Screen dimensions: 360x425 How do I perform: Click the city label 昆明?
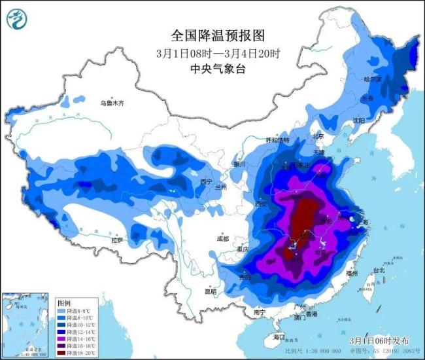211,291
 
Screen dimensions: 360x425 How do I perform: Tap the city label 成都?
223,239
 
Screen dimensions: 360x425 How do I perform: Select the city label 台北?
379,270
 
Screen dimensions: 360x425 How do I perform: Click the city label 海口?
280,337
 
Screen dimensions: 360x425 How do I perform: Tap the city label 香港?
311,315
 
